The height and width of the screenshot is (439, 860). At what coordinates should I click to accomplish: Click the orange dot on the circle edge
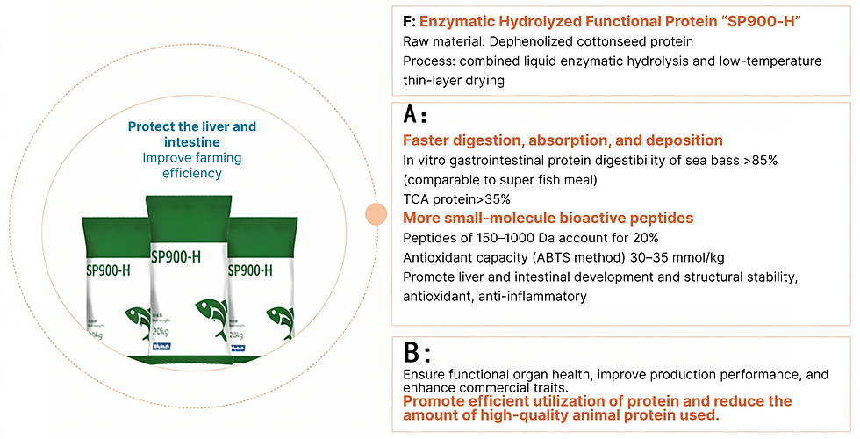point(376,213)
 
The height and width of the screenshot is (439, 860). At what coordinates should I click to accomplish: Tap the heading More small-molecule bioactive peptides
point(548,218)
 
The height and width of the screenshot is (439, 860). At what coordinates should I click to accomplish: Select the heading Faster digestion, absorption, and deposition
point(563,140)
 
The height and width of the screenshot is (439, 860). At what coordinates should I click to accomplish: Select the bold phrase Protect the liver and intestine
point(192,133)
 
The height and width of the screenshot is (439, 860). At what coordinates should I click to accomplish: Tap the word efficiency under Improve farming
point(192,173)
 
